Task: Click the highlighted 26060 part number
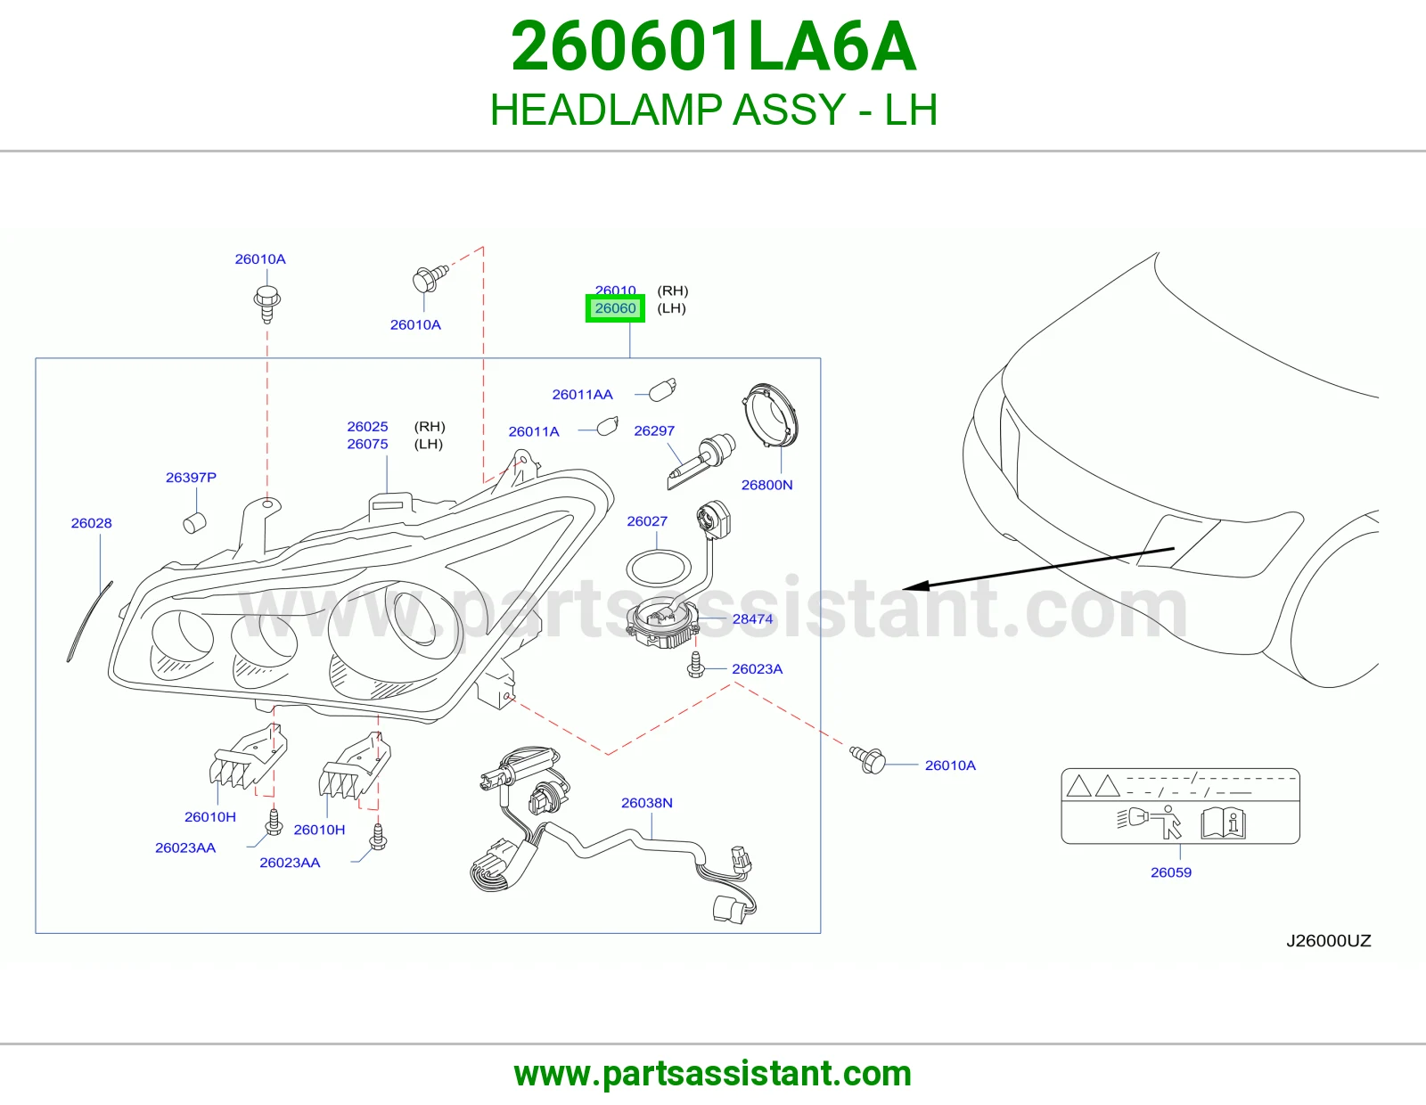pos(615,308)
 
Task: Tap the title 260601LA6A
pos(713,46)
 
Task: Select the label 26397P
pos(191,477)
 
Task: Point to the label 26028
pos(91,523)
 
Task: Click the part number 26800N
pos(767,485)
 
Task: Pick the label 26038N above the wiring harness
pos(647,803)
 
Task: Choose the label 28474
pos(753,618)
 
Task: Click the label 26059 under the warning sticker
pos(1171,872)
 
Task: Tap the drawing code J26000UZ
pos(1329,940)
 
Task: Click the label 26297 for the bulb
pos(654,430)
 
